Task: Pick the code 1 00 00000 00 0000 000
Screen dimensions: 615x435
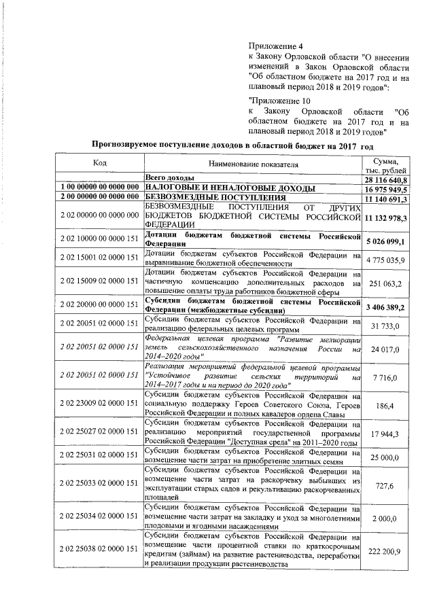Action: click(x=99, y=188)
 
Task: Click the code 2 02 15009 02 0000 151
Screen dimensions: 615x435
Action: click(x=99, y=281)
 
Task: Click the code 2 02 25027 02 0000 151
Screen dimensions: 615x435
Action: click(x=99, y=432)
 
